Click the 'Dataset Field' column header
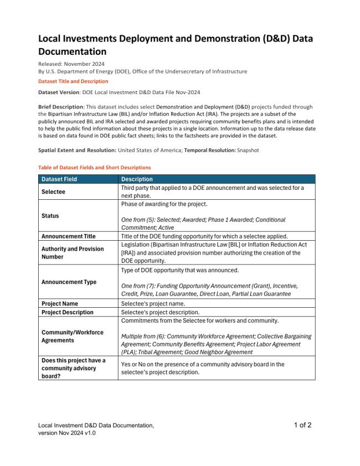[59, 179]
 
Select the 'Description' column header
[137, 179]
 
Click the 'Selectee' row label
[53, 191]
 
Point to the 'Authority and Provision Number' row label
[73, 253]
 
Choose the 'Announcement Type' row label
[69, 282]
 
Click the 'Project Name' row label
[60, 304]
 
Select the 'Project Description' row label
[68, 312]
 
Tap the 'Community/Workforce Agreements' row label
[73, 336]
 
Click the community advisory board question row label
[73, 368]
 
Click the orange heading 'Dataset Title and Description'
[73, 81]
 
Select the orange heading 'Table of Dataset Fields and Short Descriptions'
[94, 167]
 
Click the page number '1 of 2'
[302, 425]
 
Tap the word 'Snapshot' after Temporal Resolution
[244, 150]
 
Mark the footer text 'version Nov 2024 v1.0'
[67, 433]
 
